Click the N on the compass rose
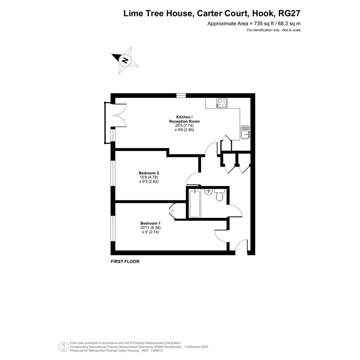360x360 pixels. pos(125,60)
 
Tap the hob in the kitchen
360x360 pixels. pos(222,103)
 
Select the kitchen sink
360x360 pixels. pos(245,132)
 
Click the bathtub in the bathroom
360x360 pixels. pos(195,203)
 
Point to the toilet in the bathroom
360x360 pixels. pos(219,195)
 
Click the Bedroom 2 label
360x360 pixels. pos(149,173)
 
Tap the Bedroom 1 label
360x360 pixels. pos(150,223)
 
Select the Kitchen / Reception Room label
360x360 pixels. pos(184,119)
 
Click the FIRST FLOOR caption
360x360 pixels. pos(125,261)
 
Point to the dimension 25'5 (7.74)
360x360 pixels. pos(184,126)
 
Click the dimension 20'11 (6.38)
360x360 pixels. pos(150,227)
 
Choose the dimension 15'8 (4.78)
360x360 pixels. pos(149,177)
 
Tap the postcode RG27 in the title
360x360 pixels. pos(289,13)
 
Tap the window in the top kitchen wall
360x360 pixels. pos(181,95)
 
